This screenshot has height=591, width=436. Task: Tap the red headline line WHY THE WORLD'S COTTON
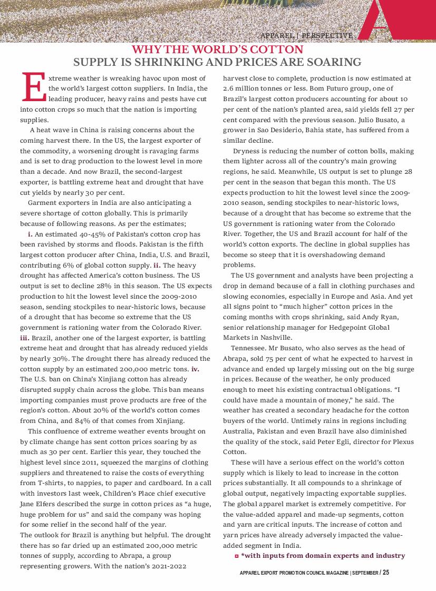[217, 50]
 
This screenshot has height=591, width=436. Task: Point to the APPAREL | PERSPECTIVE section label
[306, 35]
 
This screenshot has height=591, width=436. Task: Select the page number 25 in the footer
[386, 573]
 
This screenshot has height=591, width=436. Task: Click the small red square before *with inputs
[236, 556]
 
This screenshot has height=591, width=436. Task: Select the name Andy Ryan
[370, 317]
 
